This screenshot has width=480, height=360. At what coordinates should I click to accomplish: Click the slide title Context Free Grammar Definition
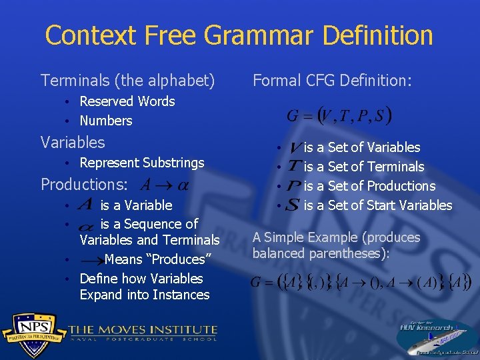click(239, 35)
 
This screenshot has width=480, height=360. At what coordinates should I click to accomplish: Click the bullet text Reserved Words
click(127, 101)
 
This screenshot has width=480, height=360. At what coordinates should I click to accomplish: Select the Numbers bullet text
click(105, 121)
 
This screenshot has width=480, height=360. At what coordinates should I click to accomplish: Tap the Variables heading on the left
click(73, 142)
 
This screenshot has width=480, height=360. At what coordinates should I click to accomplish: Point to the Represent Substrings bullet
click(141, 163)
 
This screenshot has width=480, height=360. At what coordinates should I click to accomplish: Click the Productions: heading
click(85, 184)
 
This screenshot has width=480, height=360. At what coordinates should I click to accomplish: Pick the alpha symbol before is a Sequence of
click(85, 225)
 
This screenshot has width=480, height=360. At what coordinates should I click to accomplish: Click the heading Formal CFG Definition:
click(332, 81)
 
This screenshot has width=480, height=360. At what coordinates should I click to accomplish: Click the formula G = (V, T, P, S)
click(339, 115)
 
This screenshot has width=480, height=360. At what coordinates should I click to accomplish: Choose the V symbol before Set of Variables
click(293, 147)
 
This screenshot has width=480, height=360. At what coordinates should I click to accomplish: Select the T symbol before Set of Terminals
click(293, 167)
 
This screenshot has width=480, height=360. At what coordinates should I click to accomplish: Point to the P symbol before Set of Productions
click(293, 186)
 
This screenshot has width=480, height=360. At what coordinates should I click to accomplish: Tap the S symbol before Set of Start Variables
click(292, 205)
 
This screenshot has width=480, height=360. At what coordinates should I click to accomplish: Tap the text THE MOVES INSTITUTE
click(143, 329)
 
